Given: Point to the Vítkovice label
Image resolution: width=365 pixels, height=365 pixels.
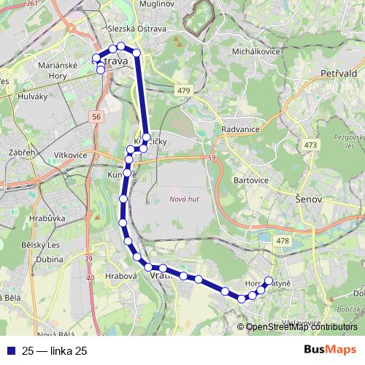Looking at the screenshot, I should coord(69,155).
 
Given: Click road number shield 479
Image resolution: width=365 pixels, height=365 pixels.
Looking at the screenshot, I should coord(185,90).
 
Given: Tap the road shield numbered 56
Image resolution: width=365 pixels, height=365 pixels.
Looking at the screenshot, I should coord(97,117).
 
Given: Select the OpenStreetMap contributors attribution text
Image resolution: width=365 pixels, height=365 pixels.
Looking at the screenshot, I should coord(301,327).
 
